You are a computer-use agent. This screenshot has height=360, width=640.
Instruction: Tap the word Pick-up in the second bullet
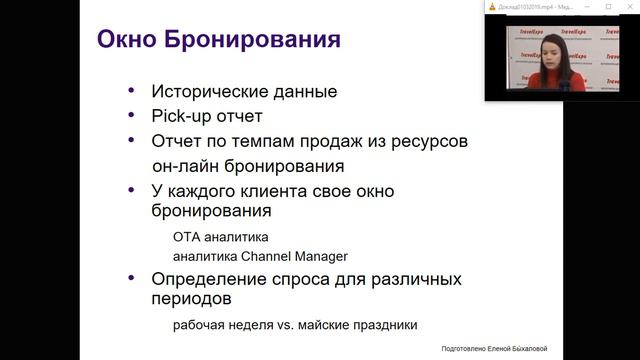pos(182,116)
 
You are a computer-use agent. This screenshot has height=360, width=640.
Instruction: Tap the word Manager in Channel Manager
pos(314,256)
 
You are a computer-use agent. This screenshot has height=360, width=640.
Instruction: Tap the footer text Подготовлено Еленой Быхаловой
pos(494,348)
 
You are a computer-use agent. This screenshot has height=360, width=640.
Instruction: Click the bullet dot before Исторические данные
pos(132,91)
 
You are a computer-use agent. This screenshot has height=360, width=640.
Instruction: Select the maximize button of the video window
pos(607,7)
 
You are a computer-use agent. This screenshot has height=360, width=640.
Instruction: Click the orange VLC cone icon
pos(492,7)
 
